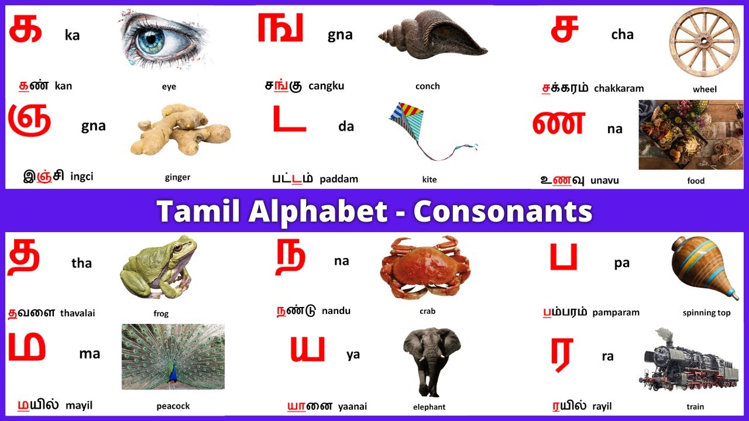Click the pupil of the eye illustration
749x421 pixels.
coord(154,40)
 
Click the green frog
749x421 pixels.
coord(157,268)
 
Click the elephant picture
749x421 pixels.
coord(431,360)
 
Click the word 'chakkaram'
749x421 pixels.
coord(619,88)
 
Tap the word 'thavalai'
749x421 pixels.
coord(77,313)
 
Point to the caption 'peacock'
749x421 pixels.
coord(173,406)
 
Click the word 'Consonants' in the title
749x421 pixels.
coord(503,212)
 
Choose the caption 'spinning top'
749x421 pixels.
coord(706,313)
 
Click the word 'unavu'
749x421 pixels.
coord(604,181)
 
